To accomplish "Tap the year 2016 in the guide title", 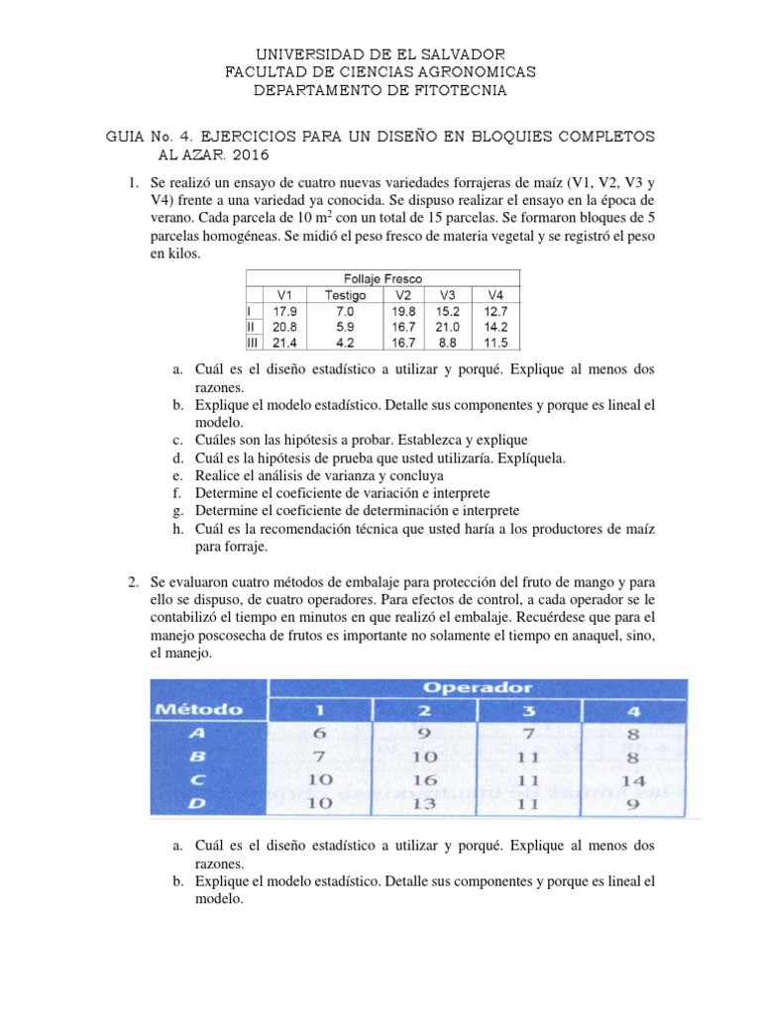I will point(245,155).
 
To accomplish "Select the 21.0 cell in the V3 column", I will point(446,327).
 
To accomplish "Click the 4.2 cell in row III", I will point(345,343).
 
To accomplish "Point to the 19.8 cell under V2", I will point(403,311).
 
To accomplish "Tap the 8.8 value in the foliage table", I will point(446,343).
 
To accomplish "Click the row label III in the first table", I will point(252,343).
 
